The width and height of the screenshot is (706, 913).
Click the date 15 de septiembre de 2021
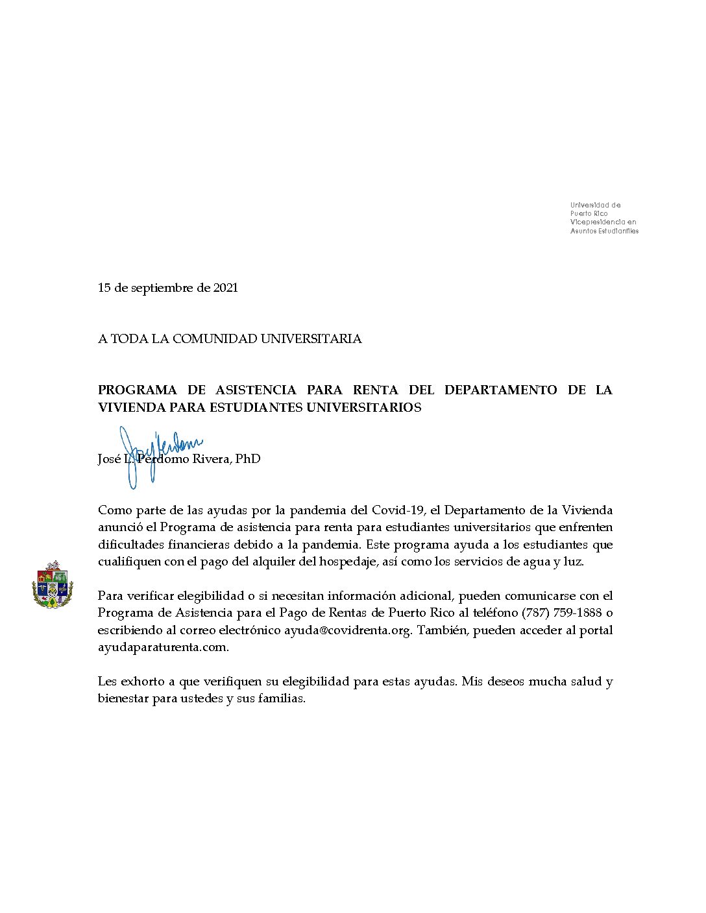(x=167, y=288)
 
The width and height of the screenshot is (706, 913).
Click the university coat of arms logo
(x=52, y=584)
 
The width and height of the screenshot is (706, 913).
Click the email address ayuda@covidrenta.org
(x=348, y=630)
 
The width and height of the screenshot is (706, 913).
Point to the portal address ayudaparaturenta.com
(x=163, y=647)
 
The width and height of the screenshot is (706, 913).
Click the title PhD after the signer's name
(x=248, y=459)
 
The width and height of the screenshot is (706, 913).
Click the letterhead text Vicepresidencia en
(x=603, y=222)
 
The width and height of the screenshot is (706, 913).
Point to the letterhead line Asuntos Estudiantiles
(x=604, y=231)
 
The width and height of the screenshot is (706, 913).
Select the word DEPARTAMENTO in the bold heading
(x=500, y=390)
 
